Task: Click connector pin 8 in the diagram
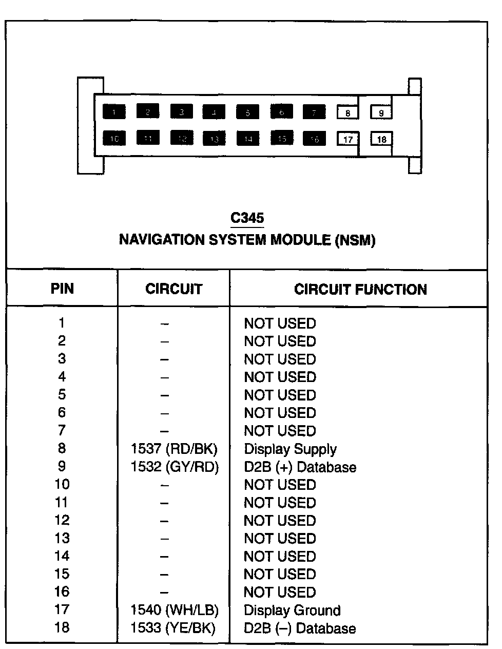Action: click(x=347, y=112)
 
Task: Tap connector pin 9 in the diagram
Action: click(x=381, y=112)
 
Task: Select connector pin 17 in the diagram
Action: click(x=347, y=139)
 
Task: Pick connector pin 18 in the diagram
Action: click(x=381, y=139)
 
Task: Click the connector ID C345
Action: click(x=247, y=218)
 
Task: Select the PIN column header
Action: click(x=62, y=289)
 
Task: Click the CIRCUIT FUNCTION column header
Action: click(x=360, y=290)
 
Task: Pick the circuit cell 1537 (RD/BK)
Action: click(x=175, y=449)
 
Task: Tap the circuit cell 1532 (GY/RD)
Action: click(x=175, y=467)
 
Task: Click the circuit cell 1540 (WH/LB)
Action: click(x=175, y=610)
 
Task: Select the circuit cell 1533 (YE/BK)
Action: click(x=173, y=628)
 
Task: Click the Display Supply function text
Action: click(x=290, y=449)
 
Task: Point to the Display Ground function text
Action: click(x=292, y=610)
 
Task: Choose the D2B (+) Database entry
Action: click(x=300, y=467)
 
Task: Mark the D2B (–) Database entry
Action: click(x=300, y=628)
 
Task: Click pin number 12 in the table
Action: click(x=62, y=520)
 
